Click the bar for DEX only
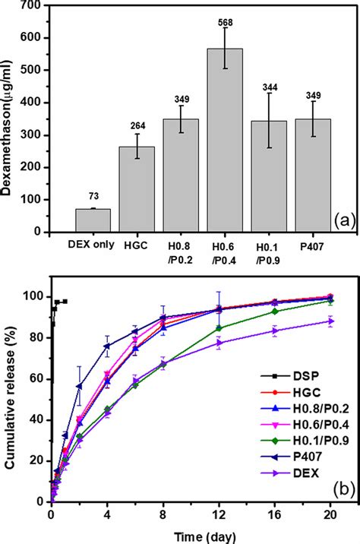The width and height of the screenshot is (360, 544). (x=93, y=220)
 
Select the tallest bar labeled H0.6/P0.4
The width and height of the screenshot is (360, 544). (x=225, y=140)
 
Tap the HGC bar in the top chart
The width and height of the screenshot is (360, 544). (x=137, y=189)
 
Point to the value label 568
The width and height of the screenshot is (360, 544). (x=226, y=23)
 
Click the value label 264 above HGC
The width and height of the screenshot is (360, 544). (x=137, y=125)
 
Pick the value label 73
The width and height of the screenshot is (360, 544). (x=93, y=196)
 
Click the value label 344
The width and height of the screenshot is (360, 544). (x=270, y=87)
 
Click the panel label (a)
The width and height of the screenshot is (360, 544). (x=344, y=220)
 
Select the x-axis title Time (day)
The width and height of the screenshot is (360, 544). (x=204, y=536)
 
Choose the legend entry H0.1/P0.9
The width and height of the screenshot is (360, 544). (x=305, y=441)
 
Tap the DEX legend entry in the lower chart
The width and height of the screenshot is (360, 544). (x=290, y=473)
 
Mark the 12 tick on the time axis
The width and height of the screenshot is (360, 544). (x=219, y=514)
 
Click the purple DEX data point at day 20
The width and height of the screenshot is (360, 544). (x=330, y=321)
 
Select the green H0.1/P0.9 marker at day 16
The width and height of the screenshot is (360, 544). (x=275, y=312)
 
